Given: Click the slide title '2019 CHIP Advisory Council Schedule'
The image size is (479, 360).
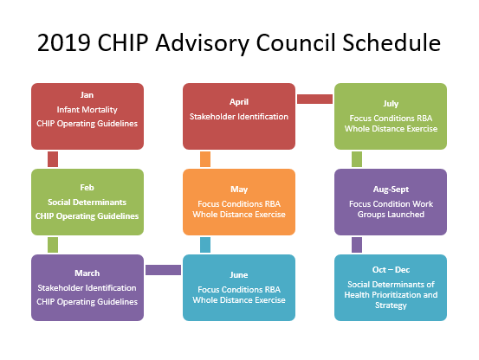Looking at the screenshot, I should tap(239, 42).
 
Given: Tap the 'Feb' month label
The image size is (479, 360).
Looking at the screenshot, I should tap(87, 186).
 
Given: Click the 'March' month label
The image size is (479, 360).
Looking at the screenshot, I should tap(87, 274).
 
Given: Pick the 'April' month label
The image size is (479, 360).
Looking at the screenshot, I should tap(239, 101).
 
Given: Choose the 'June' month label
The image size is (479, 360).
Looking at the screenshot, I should tap(239, 274).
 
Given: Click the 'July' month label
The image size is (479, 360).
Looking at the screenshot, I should tap(391, 104).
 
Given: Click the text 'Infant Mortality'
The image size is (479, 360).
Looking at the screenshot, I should tap(87, 111).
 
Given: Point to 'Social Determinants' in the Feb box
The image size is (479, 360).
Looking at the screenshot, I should tap(87, 201).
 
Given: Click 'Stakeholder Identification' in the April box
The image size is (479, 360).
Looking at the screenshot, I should tap(239, 116).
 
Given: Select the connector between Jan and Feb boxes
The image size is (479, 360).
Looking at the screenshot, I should tap(53, 158).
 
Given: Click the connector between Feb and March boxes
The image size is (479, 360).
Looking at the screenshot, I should tap(53, 245).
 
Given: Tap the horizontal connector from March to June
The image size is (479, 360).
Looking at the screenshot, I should tap(163, 270).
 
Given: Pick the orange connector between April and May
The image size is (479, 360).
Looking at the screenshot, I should tap(205, 158).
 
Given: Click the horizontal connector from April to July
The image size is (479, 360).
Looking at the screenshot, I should tap(314, 99).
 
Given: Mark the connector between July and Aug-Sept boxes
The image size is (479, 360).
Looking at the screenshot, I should tap(356, 158).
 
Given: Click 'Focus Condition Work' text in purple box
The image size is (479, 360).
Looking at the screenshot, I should tap(391, 202).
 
